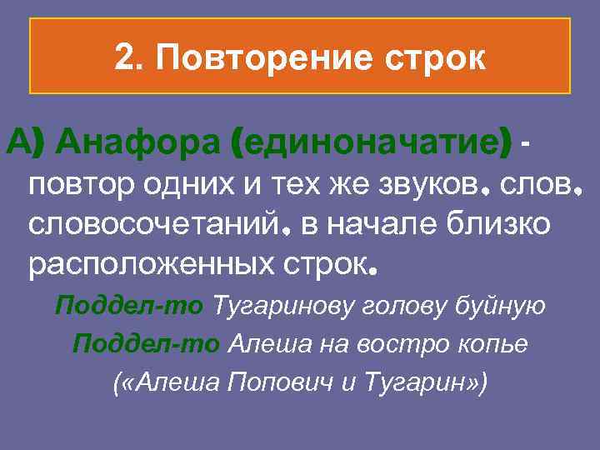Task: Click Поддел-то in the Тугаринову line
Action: point(129,306)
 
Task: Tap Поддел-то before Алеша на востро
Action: point(146,342)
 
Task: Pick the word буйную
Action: point(503,306)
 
